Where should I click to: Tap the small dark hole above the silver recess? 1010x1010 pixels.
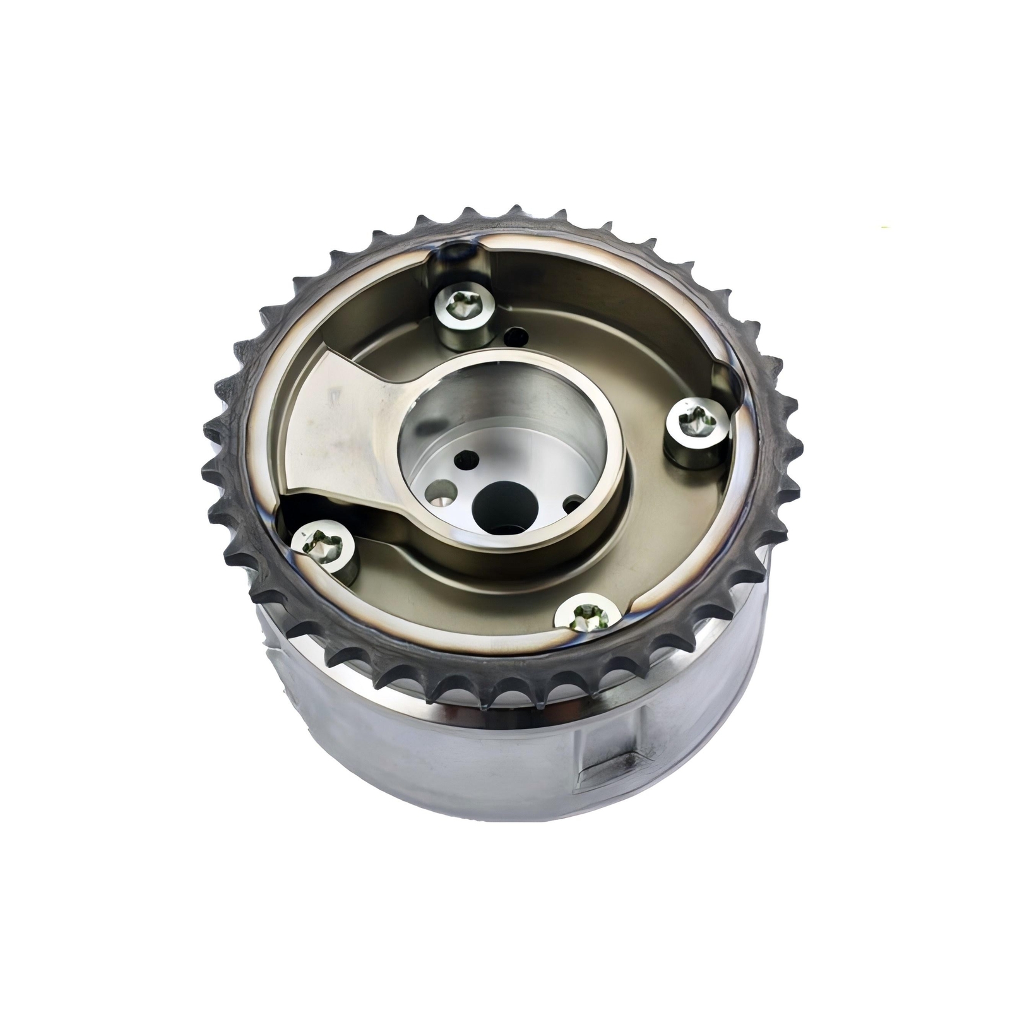(x=468, y=457)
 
